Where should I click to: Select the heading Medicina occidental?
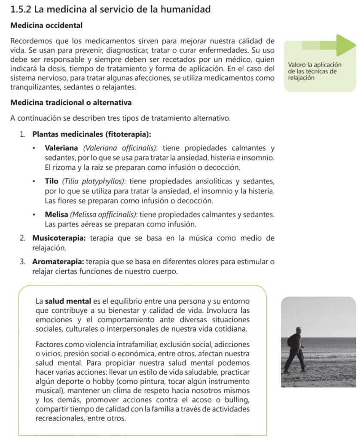tap(46, 25)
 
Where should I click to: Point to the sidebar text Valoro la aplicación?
tap(314, 65)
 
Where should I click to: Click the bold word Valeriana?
tap(61, 149)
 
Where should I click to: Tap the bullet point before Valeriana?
tap(34, 149)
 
